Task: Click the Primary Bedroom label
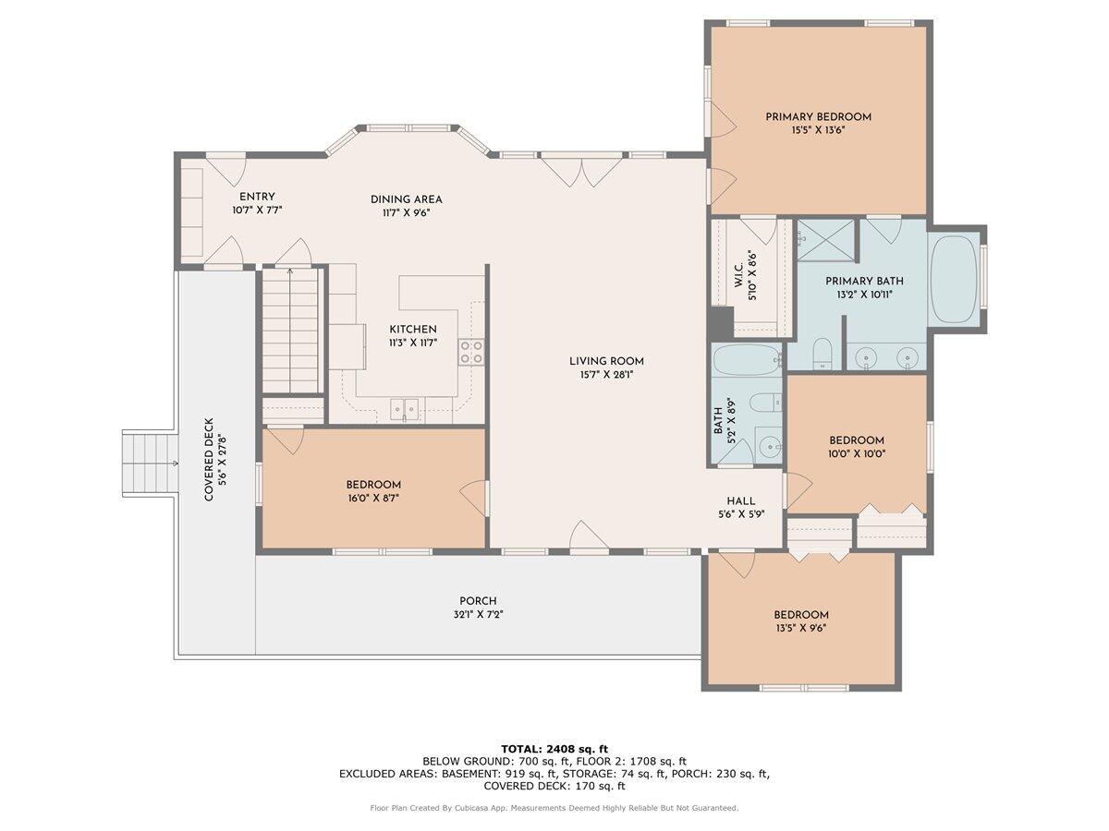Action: click(x=818, y=117)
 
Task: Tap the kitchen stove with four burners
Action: click(x=472, y=351)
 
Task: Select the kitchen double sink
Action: click(x=404, y=406)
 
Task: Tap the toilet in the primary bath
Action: click(x=822, y=353)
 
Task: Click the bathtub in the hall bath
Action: click(x=746, y=359)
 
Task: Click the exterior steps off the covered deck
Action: click(x=150, y=463)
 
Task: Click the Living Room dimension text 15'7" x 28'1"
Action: click(x=606, y=375)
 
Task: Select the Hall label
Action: click(x=741, y=501)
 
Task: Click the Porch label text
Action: click(x=478, y=601)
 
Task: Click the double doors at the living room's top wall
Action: click(x=581, y=172)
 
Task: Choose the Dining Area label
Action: click(x=406, y=199)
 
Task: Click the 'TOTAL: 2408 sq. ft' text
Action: click(x=554, y=749)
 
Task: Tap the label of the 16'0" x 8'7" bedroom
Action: click(x=373, y=485)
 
